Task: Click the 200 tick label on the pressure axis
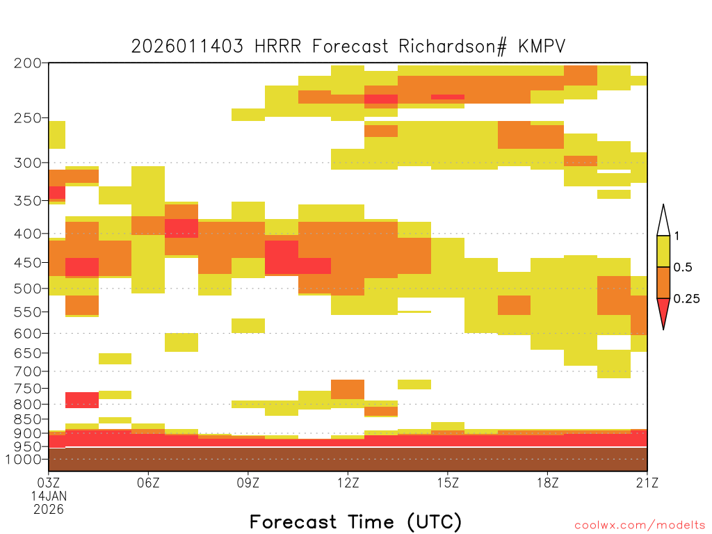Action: pos(27,63)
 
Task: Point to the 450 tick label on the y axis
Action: pos(27,263)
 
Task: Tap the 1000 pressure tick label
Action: pos(23,460)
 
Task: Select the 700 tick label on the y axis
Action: pos(27,371)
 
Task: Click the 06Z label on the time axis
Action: pos(148,483)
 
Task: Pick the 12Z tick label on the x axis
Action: pos(348,483)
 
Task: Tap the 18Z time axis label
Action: pos(548,483)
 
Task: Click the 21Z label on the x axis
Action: pos(647,483)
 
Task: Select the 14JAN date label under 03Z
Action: pos(49,496)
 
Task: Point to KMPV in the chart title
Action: pos(542,47)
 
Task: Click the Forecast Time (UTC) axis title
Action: pos(355,521)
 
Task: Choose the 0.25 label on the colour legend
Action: pos(686,299)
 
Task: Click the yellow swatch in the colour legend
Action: pos(663,251)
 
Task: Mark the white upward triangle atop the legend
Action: pos(663,220)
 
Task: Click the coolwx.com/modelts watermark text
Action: pos(640,526)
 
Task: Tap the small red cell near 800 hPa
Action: pos(82,400)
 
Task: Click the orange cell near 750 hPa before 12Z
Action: pos(348,389)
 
